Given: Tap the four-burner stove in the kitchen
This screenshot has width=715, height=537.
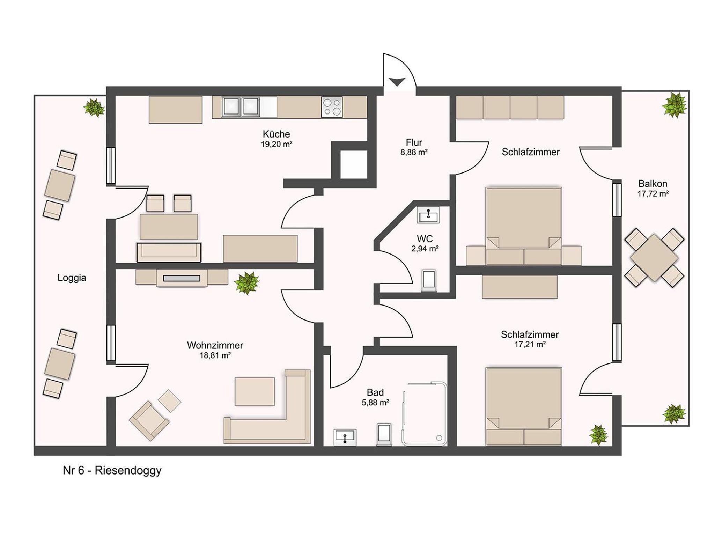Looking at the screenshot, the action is (332, 107).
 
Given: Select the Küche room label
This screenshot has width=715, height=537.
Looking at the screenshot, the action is (276, 134).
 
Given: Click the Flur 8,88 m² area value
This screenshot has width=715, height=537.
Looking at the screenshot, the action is (414, 152).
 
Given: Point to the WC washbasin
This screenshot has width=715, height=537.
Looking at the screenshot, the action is (428, 215).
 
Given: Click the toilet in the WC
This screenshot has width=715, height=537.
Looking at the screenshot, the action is (429, 281).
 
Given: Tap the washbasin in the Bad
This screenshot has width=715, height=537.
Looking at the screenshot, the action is (345, 437).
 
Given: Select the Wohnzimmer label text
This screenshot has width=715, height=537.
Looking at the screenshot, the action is (215, 345).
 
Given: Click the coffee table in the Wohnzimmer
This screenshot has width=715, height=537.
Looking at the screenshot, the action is (255, 391).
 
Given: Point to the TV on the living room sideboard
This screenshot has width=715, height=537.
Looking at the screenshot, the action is (182, 278).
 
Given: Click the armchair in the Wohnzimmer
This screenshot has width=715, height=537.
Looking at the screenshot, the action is (149, 421).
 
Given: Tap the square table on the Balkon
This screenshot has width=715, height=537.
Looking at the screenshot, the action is (654, 258).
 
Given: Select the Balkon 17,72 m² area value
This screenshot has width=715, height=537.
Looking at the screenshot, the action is (653, 194).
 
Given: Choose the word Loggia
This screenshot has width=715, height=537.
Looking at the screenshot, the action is (72, 278).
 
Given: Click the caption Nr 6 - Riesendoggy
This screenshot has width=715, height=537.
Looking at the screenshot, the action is (112, 471).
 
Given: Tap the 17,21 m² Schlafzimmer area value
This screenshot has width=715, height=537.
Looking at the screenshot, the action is (530, 344).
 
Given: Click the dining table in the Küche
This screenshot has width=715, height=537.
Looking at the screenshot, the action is (169, 227).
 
